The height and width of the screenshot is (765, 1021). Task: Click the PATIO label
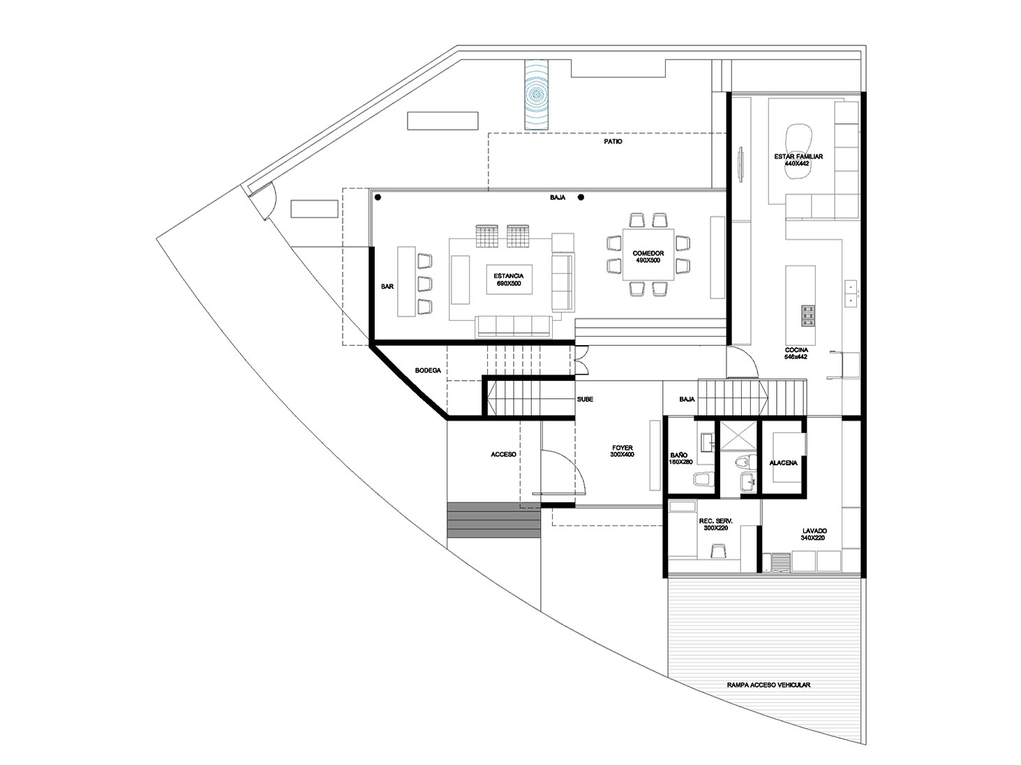point(613,142)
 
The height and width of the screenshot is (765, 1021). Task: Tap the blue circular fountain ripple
point(537,94)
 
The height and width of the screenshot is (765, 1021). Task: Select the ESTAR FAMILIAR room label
point(798,160)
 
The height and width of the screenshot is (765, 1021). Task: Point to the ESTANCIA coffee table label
point(509,280)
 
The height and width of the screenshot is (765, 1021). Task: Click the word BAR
point(387,287)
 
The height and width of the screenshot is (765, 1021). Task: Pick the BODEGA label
point(427,370)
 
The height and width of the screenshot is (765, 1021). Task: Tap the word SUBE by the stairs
point(585,400)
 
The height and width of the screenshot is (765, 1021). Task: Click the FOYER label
point(623,450)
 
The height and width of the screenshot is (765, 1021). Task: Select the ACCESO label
point(503,454)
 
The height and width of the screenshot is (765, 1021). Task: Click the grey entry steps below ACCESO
point(493,520)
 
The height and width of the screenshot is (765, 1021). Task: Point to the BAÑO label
point(680,458)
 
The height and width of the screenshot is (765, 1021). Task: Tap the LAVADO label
point(814,534)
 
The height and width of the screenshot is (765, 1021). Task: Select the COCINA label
point(796,353)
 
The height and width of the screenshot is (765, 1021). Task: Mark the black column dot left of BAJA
point(378,198)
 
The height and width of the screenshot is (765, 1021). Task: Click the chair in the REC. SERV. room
point(716,551)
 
